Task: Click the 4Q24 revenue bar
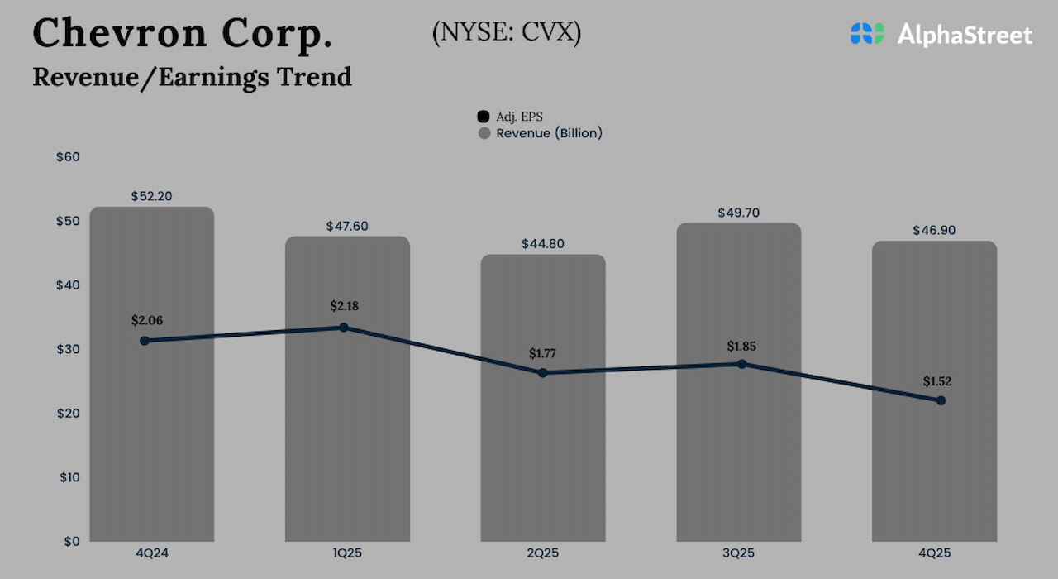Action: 151,430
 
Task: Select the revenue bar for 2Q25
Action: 543,455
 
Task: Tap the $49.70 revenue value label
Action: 738,213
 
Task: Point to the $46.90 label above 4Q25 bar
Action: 934,231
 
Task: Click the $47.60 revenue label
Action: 347,226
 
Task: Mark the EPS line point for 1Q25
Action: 344,328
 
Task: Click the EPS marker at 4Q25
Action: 941,400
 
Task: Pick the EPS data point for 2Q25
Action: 543,373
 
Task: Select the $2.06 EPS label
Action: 146,319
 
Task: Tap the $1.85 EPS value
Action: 741,345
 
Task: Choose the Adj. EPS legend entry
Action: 512,117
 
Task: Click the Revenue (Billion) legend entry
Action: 541,133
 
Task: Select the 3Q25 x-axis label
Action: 738,553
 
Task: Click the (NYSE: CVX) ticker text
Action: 506,33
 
